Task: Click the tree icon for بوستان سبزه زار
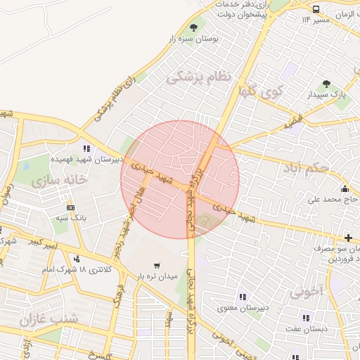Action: click(x=192, y=27)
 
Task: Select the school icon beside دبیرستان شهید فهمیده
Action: click(x=87, y=148)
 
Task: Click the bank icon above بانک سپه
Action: click(x=70, y=207)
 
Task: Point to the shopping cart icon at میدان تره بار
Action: click(x=156, y=265)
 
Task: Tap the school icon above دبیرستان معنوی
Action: click(x=243, y=297)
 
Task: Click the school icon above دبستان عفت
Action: click(x=305, y=317)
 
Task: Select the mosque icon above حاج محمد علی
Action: click(x=345, y=188)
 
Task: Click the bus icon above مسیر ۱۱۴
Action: click(x=316, y=9)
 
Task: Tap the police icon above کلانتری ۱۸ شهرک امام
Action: click(x=76, y=259)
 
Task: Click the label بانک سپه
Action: click(x=70, y=219)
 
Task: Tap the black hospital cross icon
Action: click(x=348, y=238)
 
